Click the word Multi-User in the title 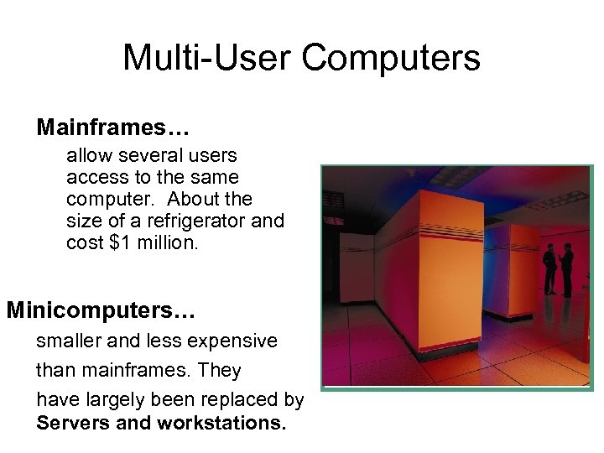pyautogui.click(x=207, y=58)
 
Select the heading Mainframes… pyautogui.click(x=113, y=128)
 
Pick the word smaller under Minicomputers pyautogui.click(x=71, y=341)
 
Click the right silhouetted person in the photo pyautogui.click(x=566, y=268)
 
